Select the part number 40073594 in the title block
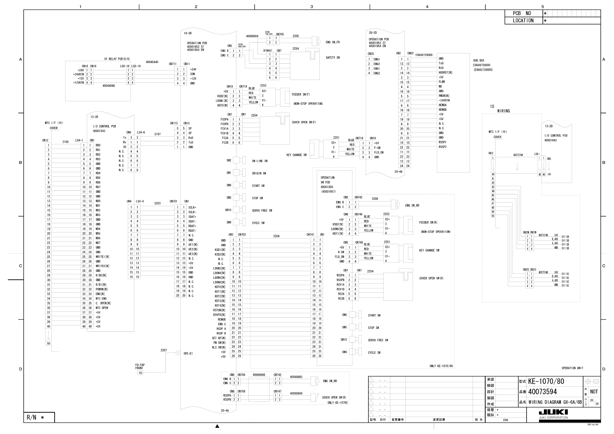point(543,392)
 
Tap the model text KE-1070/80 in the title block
point(546,381)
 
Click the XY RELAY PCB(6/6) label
point(117,59)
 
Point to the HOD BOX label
point(479,60)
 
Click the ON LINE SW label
point(259,161)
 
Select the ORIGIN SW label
point(259,173)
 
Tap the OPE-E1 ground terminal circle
point(178,353)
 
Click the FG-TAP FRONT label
point(140,366)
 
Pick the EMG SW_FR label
point(333,42)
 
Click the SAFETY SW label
point(333,57)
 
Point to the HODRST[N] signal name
point(445,72)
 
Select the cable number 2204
point(276,236)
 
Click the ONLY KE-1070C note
point(337,403)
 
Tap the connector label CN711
point(172,64)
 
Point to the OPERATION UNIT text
point(572,368)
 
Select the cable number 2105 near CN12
point(65,142)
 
